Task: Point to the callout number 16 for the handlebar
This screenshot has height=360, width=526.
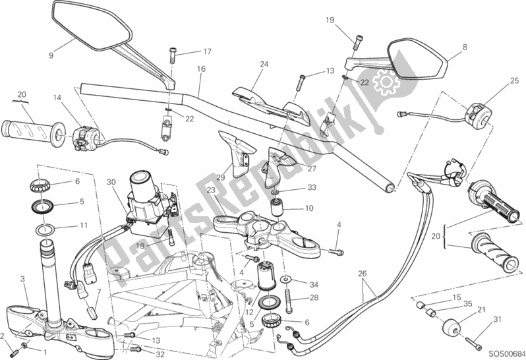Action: (x=201, y=69)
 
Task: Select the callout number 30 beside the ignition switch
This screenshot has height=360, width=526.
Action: (x=111, y=182)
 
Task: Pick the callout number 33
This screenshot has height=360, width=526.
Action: (x=312, y=187)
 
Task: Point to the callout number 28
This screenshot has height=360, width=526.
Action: (x=314, y=297)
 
